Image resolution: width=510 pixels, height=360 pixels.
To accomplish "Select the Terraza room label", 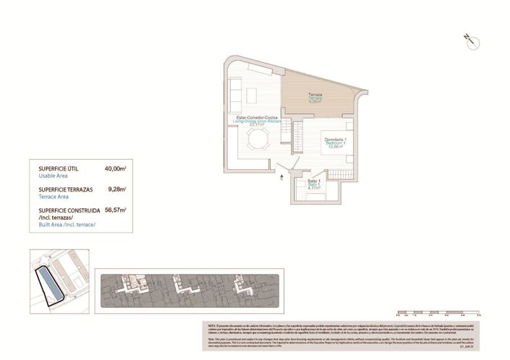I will pyautogui.click(x=315, y=95).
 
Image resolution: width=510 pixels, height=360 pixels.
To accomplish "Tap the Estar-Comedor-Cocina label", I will pyautogui.click(x=254, y=117).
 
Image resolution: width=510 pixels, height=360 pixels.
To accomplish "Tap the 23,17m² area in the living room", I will pyautogui.click(x=255, y=126).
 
